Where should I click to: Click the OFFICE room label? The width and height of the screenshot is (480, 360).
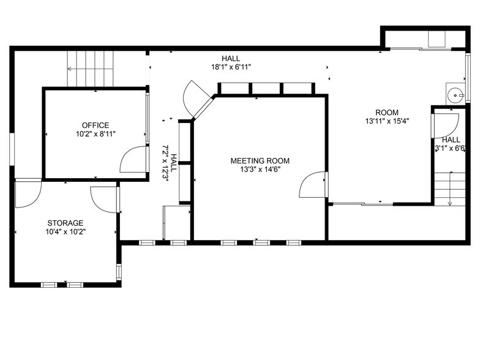point(96,126)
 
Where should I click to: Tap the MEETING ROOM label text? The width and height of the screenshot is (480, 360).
point(260,161)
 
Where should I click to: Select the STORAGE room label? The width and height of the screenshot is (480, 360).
point(66,223)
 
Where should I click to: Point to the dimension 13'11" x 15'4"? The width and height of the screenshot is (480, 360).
point(387,121)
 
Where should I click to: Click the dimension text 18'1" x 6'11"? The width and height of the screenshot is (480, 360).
point(231,67)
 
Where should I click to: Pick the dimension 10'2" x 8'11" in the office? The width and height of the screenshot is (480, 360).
point(96,134)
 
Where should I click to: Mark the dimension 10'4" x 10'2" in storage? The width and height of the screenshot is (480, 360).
point(66,232)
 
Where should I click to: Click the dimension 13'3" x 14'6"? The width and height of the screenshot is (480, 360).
point(260,170)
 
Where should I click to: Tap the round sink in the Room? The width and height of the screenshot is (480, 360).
point(454,94)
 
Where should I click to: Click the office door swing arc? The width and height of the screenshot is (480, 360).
point(132,160)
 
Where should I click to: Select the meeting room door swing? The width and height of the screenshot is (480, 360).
point(312,186)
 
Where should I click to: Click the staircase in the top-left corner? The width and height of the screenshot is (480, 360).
point(91,69)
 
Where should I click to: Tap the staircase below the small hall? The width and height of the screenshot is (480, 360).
point(449,189)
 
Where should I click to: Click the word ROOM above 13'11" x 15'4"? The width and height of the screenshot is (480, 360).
point(387,113)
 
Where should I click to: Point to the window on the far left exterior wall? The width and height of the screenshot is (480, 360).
point(12,149)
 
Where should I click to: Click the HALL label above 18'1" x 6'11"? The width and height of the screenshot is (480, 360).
point(231,58)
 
